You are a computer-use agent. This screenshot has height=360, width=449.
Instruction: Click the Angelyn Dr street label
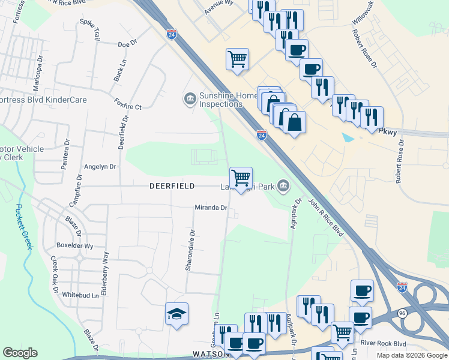pyautogui.click(x=100, y=167)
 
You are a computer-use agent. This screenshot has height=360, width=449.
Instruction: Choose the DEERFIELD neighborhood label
pyautogui.click(x=172, y=187)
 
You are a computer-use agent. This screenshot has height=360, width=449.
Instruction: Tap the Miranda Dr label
pyautogui.click(x=211, y=208)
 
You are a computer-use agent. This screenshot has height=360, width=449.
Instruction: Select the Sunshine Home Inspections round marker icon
pyautogui.click(x=190, y=98)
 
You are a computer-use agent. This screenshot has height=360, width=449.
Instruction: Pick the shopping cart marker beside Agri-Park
pyautogui.click(x=241, y=177)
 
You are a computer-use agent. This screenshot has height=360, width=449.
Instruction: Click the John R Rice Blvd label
pyautogui.click(x=325, y=217)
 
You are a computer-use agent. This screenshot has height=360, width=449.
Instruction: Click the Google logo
pyautogui.click(x=20, y=353)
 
